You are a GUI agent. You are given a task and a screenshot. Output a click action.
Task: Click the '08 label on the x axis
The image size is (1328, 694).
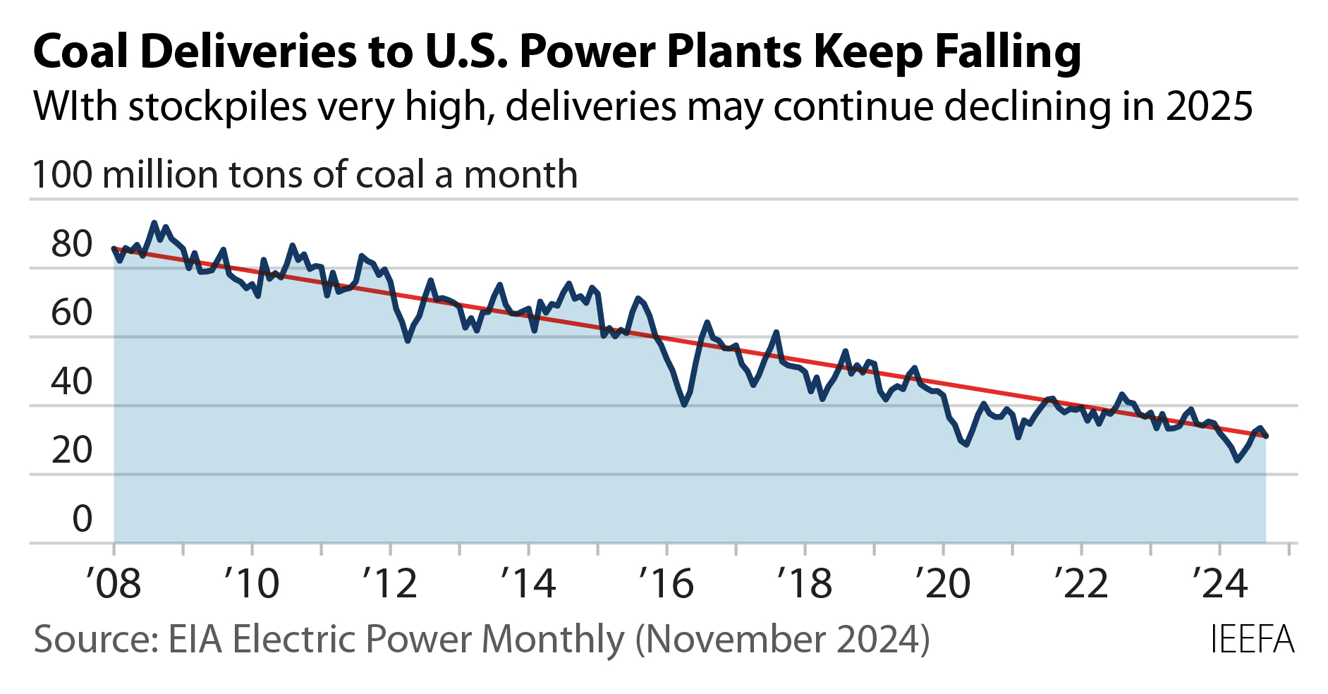(x=114, y=584)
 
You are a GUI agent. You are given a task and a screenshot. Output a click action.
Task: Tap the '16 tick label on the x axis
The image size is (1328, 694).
(x=666, y=584)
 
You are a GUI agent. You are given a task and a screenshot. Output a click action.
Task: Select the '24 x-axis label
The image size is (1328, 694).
(x=1219, y=584)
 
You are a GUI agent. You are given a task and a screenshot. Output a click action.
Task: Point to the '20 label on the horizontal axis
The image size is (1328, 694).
(x=943, y=584)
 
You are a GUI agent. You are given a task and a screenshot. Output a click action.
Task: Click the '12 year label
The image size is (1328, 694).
(x=390, y=584)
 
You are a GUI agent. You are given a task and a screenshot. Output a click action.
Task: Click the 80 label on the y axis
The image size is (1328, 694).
(x=71, y=245)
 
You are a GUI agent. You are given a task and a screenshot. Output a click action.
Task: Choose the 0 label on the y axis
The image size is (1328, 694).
(x=82, y=519)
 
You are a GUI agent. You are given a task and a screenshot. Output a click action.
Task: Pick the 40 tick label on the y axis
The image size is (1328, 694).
(x=71, y=382)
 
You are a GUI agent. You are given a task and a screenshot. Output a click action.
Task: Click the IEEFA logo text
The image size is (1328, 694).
(x=1252, y=640)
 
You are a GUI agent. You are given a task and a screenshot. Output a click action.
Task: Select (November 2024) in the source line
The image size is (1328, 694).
(x=782, y=640)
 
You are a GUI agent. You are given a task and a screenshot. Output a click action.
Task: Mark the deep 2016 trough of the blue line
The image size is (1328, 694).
(x=684, y=404)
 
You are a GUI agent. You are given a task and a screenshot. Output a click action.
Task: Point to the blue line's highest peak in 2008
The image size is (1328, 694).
(x=154, y=223)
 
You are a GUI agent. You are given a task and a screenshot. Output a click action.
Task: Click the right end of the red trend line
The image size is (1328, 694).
(x=1266, y=436)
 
